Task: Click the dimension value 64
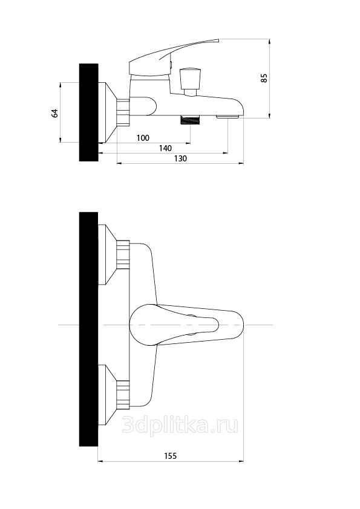pos(54,113)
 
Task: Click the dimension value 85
pos(264,78)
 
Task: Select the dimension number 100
pos(143,138)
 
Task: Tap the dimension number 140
pos(165,148)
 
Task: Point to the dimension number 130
pos(181,158)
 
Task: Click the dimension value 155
pos(170,456)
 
